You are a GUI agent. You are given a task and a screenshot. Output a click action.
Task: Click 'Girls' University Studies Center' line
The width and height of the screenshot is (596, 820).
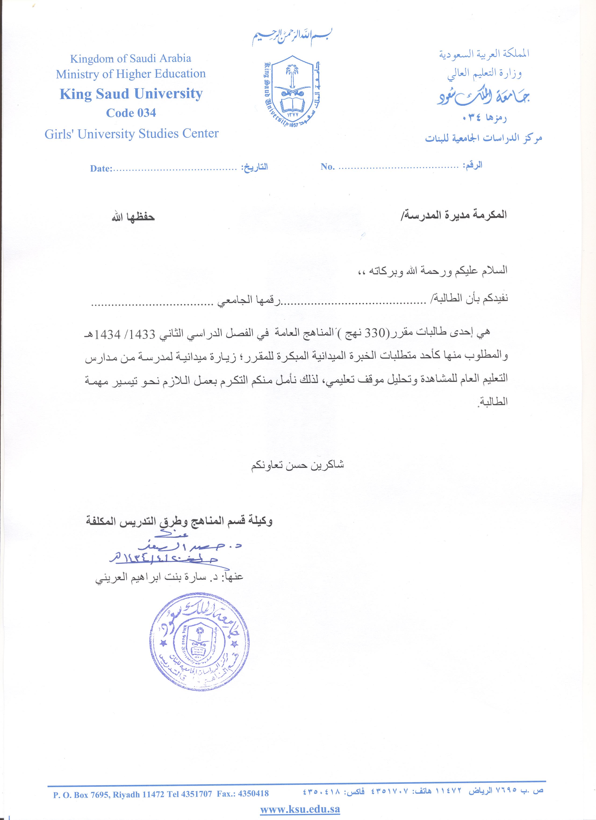[132, 134]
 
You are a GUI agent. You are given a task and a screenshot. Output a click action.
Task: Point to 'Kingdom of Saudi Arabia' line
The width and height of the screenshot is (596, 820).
[131, 59]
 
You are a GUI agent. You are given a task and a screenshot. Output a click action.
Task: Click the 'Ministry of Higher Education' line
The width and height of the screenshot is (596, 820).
[131, 74]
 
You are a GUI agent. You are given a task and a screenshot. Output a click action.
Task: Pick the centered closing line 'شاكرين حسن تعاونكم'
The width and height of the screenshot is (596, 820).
[297, 465]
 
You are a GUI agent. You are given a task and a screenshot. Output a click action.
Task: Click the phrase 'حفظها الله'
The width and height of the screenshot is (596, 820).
[133, 217]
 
